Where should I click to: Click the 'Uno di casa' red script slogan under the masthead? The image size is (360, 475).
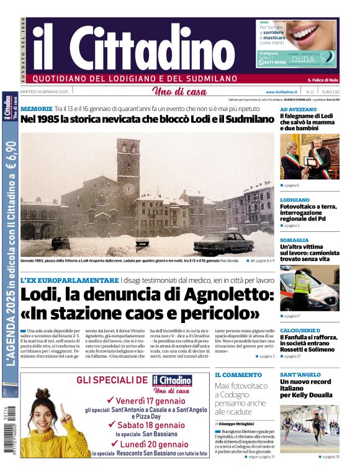[x=179, y=92]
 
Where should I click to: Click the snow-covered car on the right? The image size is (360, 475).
[x=223, y=242]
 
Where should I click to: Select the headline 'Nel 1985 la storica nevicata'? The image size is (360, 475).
[x=146, y=119]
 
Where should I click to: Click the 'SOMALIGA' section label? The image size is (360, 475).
[x=294, y=240]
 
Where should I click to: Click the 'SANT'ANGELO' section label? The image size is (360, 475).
[x=300, y=375]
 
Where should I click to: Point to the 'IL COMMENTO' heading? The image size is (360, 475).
[x=238, y=375]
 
